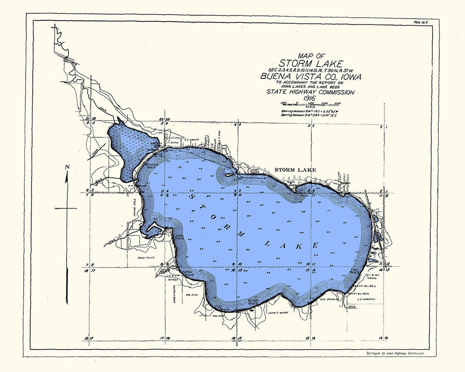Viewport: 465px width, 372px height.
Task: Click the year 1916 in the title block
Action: [x=310, y=99]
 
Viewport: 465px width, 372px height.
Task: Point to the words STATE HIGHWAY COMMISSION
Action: [x=310, y=92]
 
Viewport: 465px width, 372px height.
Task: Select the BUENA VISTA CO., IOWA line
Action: [x=310, y=77]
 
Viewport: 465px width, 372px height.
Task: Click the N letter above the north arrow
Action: [x=67, y=167]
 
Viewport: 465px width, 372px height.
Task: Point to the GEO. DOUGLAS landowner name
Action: [x=329, y=298]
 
